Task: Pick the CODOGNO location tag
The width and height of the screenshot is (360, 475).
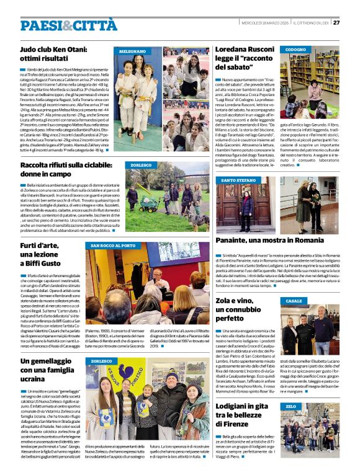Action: coord(295,50)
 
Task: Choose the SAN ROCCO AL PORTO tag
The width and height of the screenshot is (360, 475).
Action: coord(109,246)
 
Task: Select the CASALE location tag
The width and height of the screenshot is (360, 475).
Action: coord(294,301)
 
